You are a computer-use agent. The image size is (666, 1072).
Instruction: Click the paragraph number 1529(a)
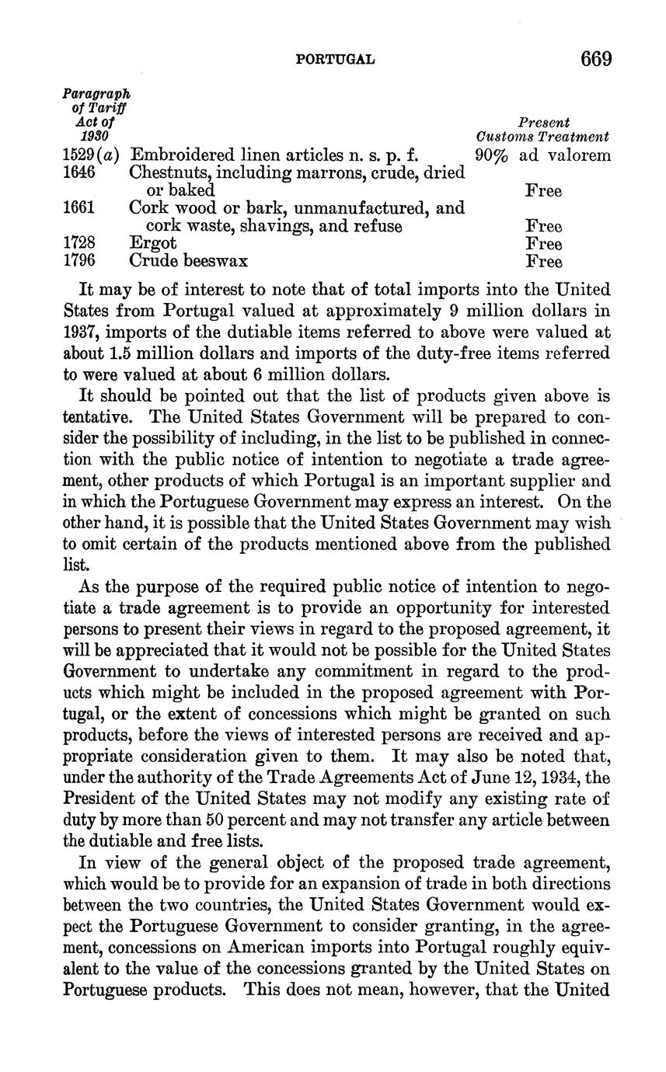coord(90,155)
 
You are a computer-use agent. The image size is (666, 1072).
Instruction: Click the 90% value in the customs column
coord(491,155)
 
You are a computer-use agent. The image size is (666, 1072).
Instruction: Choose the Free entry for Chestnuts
coord(543,190)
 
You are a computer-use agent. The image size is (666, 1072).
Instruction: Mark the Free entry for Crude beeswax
coord(543,262)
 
